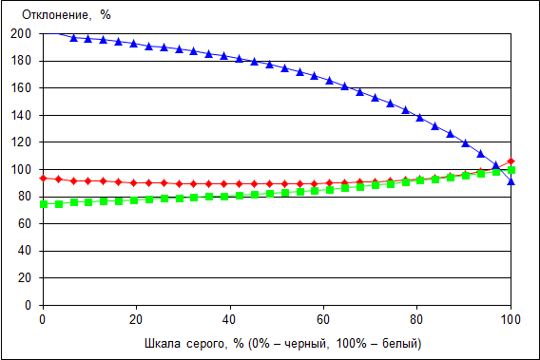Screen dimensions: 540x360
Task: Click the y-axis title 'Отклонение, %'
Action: point(67,15)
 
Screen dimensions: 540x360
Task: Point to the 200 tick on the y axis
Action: point(21,34)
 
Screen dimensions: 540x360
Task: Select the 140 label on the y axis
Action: point(21,115)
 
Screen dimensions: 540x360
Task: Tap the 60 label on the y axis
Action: point(24,224)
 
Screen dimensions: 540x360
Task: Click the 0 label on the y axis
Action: point(28,305)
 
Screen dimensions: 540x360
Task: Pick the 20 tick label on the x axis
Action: point(136,320)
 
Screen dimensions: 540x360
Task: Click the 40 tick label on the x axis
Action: point(229,320)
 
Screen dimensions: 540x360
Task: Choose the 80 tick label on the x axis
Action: point(416,320)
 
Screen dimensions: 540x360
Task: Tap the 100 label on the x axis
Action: point(511,320)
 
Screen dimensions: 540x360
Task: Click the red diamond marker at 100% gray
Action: point(511,161)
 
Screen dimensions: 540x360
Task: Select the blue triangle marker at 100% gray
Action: point(511,181)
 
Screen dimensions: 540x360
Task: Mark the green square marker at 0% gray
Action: point(44,204)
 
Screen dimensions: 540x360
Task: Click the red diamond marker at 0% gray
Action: point(44,178)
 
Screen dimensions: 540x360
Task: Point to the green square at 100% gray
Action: point(511,170)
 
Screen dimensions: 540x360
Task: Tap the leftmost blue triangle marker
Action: point(74,38)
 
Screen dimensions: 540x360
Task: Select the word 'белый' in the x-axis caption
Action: point(401,344)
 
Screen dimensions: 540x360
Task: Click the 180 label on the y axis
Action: point(21,61)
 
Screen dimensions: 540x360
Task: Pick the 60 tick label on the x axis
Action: point(323,320)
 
